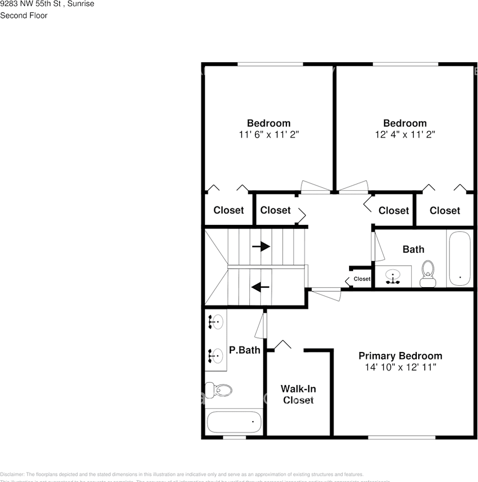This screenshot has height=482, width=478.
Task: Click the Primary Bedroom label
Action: [400, 356]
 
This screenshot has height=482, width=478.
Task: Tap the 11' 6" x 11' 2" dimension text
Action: [268, 135]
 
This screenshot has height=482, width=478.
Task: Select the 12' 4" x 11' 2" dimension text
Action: [405, 135]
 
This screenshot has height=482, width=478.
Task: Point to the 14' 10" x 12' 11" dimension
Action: [400, 368]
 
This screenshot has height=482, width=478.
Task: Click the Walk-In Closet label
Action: [298, 394]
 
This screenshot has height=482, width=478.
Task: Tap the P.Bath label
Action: [245, 350]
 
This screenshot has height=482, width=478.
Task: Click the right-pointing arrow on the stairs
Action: [261, 247]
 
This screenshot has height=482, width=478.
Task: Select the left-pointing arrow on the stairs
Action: [260, 287]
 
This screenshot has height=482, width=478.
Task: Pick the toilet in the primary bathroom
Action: [219, 390]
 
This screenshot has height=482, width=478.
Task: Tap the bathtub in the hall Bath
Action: [459, 259]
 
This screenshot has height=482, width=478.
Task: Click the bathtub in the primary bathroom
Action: [234, 422]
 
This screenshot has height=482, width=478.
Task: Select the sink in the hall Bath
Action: [393, 276]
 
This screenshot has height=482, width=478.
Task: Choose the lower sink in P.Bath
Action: [217, 355]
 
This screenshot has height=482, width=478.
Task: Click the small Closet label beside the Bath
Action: [362, 279]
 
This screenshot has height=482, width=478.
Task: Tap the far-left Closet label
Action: [229, 210]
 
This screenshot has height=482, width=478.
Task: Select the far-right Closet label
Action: [445, 211]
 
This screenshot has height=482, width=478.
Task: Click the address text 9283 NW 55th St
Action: [30, 4]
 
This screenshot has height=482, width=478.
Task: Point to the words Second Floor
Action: [24, 16]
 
